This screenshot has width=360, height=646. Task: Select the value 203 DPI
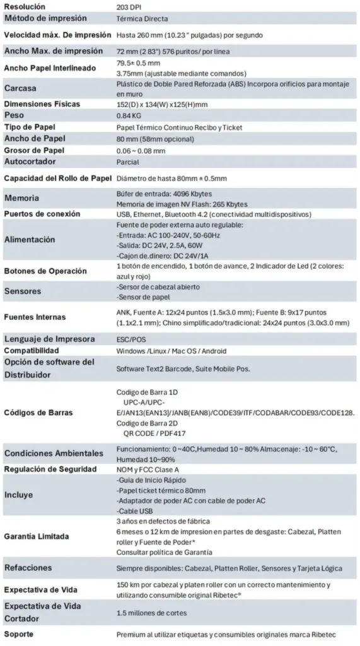click(129, 6)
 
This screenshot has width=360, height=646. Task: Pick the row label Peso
click(14, 116)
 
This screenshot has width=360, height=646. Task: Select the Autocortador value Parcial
click(128, 161)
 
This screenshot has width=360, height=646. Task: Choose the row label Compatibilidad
click(32, 350)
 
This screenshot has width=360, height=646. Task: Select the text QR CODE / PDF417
click(158, 435)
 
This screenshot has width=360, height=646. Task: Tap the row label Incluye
click(20, 495)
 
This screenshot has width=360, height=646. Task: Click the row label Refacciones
click(28, 568)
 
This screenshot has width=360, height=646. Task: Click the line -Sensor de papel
click(144, 297)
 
